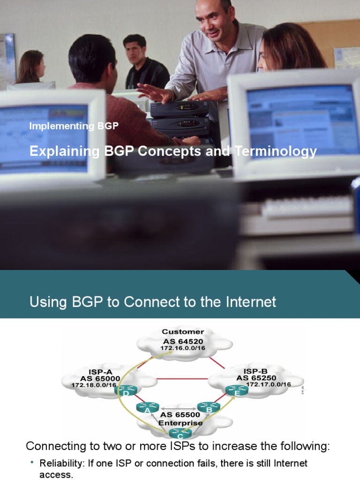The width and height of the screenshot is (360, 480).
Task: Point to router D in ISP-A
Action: pos(126,390)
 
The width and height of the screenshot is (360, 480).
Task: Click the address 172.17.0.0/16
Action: pos(268,385)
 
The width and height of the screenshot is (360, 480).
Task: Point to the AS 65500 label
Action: pos(180,415)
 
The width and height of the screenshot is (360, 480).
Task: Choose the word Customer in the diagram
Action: pos(183,332)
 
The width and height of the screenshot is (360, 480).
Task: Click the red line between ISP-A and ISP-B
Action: pos(182,378)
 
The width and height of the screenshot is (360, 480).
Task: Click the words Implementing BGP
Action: pos(74,126)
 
